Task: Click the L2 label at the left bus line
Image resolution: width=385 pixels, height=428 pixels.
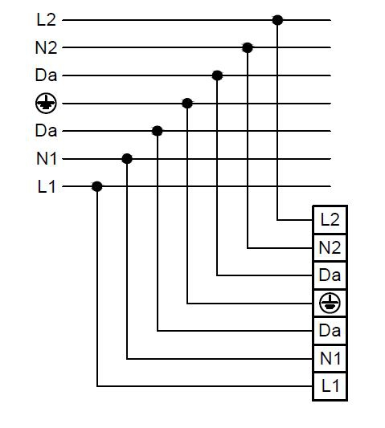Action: tap(46, 19)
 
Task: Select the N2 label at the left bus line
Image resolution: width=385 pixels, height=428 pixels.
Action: tap(46, 47)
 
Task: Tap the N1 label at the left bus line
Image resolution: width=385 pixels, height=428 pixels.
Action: tap(47, 158)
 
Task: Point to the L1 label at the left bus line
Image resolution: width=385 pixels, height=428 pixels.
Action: tap(47, 187)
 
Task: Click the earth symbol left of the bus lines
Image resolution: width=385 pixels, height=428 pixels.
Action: tap(46, 104)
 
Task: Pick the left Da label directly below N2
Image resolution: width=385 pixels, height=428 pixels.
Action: tap(46, 75)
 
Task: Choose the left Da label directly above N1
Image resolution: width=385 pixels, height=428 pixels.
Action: tap(46, 130)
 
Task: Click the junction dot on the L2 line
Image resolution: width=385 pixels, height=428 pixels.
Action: tap(277, 20)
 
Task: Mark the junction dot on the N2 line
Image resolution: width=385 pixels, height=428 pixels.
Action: tap(248, 47)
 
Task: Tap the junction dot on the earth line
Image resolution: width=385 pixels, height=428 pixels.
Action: tap(187, 104)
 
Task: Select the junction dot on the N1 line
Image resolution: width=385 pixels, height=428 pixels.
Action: tap(127, 158)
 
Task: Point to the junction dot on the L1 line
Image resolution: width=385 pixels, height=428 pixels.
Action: tap(97, 186)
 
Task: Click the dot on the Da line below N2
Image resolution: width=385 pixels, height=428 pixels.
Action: tap(217, 75)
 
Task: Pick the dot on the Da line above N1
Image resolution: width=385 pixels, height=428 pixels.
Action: tap(157, 131)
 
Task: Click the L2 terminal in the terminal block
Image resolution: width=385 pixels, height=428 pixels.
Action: tap(330, 220)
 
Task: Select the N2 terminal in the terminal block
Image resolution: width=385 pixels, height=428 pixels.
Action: tap(330, 248)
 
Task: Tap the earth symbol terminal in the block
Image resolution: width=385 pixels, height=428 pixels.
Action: tap(330, 304)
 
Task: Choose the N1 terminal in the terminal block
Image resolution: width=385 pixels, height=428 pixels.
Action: tap(330, 359)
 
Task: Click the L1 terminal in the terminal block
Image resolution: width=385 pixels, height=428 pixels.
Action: tap(330, 386)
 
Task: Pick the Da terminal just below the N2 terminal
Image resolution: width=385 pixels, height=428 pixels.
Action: tap(330, 275)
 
